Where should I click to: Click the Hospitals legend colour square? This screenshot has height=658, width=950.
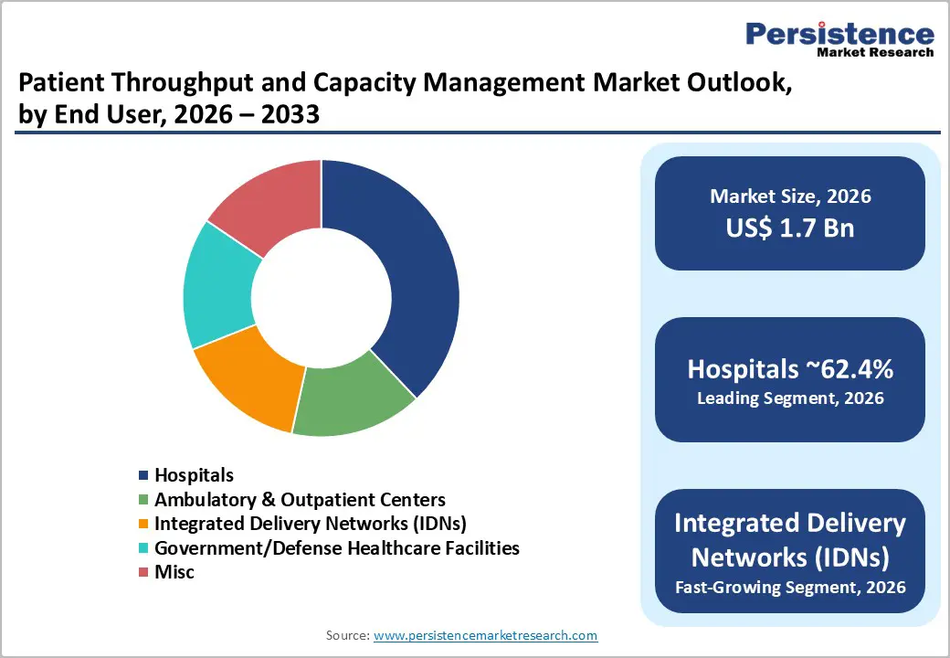tap(142, 475)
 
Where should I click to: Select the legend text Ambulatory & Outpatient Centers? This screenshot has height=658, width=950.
tap(300, 500)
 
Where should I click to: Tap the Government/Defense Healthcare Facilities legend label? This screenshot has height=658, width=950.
tap(336, 548)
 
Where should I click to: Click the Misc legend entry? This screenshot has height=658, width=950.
tap(174, 572)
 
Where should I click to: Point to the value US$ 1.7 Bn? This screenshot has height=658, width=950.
tap(790, 228)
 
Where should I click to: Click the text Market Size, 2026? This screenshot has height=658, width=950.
tap(790, 196)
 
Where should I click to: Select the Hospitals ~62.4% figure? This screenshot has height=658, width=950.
tap(790, 369)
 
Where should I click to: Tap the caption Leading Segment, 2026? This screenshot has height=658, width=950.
tap(790, 398)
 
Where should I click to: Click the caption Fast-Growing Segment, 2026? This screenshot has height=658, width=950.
tap(790, 587)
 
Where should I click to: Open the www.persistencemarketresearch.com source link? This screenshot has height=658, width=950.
tap(486, 635)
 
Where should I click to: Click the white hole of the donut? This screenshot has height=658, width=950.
tap(321, 297)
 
